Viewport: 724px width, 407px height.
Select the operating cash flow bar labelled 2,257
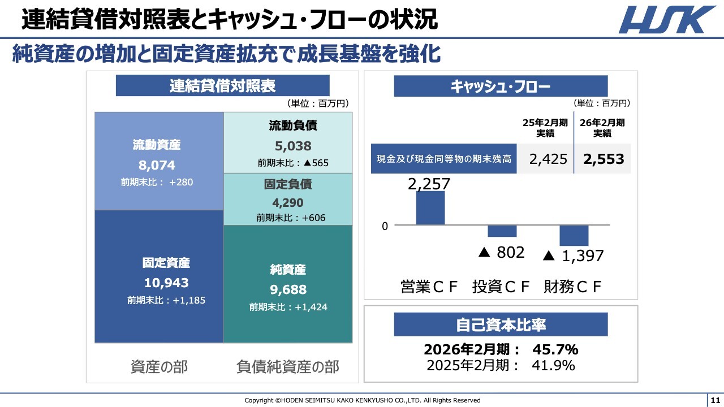[430, 207]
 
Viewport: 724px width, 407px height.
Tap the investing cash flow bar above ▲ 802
[502, 231]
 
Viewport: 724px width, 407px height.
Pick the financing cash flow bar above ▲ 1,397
[574, 235]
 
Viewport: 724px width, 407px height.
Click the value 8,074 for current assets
[157, 165]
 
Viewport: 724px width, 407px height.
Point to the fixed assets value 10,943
[166, 283]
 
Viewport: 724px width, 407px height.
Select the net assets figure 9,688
[288, 289]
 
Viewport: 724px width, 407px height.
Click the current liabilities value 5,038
[293, 146]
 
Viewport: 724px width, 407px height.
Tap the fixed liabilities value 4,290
[288, 202]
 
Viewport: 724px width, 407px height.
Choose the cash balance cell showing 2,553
[604, 159]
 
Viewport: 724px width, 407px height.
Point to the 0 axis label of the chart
[385, 226]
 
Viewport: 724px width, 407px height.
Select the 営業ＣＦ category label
[429, 287]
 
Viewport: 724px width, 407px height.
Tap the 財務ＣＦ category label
[572, 287]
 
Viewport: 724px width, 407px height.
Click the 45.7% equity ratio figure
[555, 349]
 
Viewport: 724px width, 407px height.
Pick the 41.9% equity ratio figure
[553, 365]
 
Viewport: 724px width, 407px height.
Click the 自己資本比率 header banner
[501, 325]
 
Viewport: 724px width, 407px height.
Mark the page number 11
[715, 400]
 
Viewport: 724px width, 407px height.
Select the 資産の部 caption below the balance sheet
[159, 367]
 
